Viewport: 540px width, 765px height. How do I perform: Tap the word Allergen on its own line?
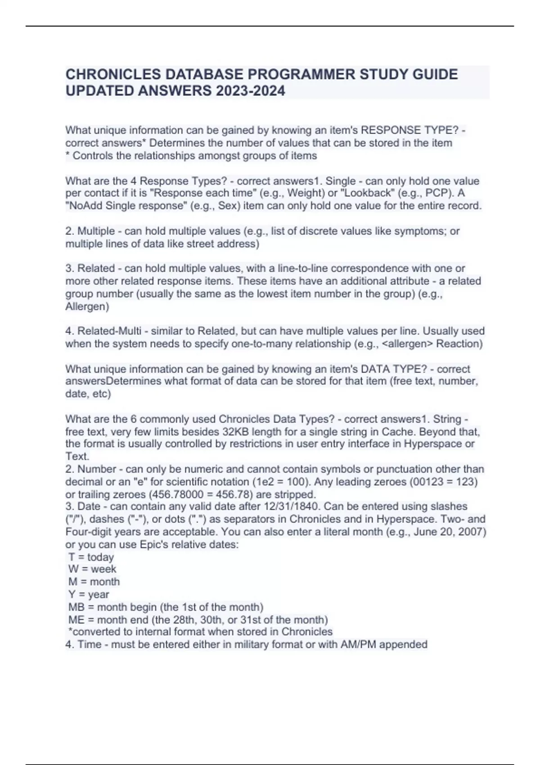point(87,307)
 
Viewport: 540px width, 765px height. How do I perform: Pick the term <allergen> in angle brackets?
point(411,344)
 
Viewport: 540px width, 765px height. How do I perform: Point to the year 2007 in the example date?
point(472,532)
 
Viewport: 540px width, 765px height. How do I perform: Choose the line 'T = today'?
point(91,557)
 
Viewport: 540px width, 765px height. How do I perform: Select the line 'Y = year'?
point(89,594)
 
